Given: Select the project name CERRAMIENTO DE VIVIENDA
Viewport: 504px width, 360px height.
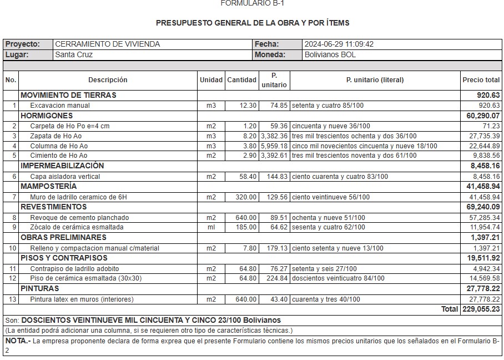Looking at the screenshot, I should [x=107, y=44].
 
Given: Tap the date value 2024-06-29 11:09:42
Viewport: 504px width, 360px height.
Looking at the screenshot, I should [x=339, y=44].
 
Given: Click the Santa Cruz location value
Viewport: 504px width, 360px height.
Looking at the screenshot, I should [x=74, y=54].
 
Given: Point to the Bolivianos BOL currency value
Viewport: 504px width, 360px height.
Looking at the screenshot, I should [x=330, y=54].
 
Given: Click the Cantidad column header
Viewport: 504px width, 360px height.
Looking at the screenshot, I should [x=241, y=80].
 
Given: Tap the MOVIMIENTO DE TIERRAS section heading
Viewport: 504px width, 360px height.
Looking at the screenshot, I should [x=68, y=95].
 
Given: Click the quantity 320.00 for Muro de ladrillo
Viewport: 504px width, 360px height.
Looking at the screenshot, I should [x=245, y=197].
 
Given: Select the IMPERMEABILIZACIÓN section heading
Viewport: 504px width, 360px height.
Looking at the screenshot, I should [x=62, y=166].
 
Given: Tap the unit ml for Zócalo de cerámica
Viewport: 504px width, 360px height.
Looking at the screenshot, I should [x=211, y=227].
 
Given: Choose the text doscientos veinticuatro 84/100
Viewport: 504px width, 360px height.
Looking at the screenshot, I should [x=338, y=278].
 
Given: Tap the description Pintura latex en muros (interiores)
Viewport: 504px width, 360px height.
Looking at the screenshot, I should [x=82, y=299].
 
